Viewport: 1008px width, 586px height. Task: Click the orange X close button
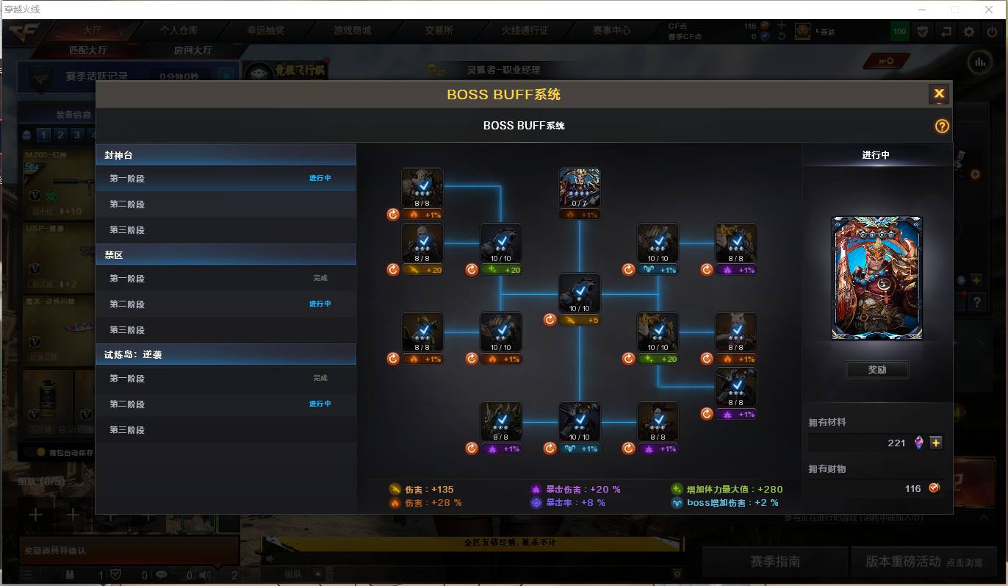(x=938, y=94)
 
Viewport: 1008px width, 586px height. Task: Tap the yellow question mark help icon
(x=942, y=126)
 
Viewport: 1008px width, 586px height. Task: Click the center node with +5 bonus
(x=579, y=293)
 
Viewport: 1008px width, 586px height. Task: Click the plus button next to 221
(x=935, y=443)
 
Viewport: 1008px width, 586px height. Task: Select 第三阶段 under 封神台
(x=127, y=230)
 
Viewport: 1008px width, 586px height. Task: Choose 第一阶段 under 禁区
(x=127, y=279)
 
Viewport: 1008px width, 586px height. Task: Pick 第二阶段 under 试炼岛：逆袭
(x=127, y=404)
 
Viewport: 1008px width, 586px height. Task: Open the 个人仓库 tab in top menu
(x=179, y=31)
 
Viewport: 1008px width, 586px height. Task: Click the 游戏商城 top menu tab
(x=352, y=31)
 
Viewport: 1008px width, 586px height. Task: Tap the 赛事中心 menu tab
(x=611, y=31)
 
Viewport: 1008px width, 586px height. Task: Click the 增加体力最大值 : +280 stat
(x=733, y=489)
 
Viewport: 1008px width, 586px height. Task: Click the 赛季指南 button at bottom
(x=774, y=562)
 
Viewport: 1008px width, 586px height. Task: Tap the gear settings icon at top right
(x=969, y=32)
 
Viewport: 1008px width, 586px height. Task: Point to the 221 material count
(x=896, y=443)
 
